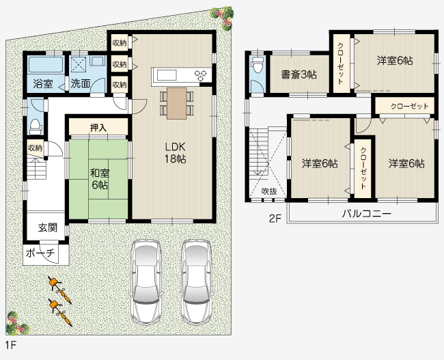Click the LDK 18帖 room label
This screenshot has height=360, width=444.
coord(176,153)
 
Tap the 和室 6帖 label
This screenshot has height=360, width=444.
coord(100,179)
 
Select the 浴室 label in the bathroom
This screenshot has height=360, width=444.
coord(43,84)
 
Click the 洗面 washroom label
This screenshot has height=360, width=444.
coord(81,83)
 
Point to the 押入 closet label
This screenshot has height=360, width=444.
coord(98,128)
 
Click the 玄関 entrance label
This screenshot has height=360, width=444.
coord(48,227)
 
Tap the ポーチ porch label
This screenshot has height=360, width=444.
coord(40,253)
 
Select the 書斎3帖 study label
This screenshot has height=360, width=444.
coord(299,74)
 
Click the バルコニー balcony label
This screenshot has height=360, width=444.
coord(367,213)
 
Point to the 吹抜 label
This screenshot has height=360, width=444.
coord(269,191)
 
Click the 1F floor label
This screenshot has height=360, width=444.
coord(10,345)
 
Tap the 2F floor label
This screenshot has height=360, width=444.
coord(275,219)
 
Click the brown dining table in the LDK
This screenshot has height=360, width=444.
coord(177,103)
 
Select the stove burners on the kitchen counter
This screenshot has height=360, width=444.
coord(200,75)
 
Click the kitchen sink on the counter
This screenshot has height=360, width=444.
coord(167,75)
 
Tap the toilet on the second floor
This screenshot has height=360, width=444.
coord(258,66)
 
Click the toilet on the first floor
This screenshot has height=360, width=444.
coord(36,126)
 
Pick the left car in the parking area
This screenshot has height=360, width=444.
coord(145,281)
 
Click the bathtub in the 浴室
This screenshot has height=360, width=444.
coord(46,65)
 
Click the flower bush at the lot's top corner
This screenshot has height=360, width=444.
coord(223,18)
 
